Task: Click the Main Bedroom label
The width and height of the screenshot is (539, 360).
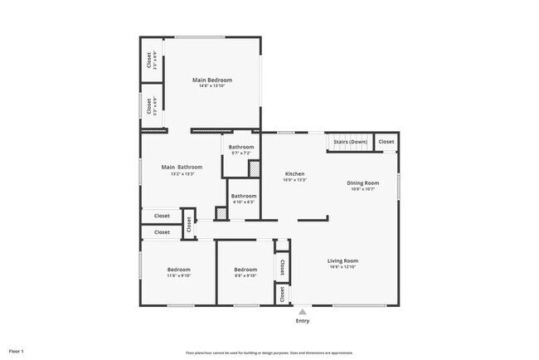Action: click(x=212, y=80)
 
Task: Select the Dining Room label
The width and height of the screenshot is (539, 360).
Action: click(x=363, y=182)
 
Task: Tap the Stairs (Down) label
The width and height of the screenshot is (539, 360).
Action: click(x=350, y=142)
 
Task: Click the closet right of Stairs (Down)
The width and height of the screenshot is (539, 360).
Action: click(x=386, y=142)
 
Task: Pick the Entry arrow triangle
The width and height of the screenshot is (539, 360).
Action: click(x=301, y=312)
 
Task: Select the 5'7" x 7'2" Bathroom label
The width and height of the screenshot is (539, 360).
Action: click(x=242, y=147)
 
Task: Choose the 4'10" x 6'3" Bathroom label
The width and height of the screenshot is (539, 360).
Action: click(x=243, y=196)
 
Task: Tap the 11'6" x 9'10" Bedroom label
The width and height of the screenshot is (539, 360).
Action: click(x=178, y=270)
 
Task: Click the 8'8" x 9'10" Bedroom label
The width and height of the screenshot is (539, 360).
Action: click(x=245, y=270)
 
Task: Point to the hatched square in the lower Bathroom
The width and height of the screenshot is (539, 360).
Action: click(x=221, y=213)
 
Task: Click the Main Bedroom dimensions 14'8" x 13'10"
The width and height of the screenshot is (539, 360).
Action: click(x=212, y=86)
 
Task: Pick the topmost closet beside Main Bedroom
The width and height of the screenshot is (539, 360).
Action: click(x=150, y=61)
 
